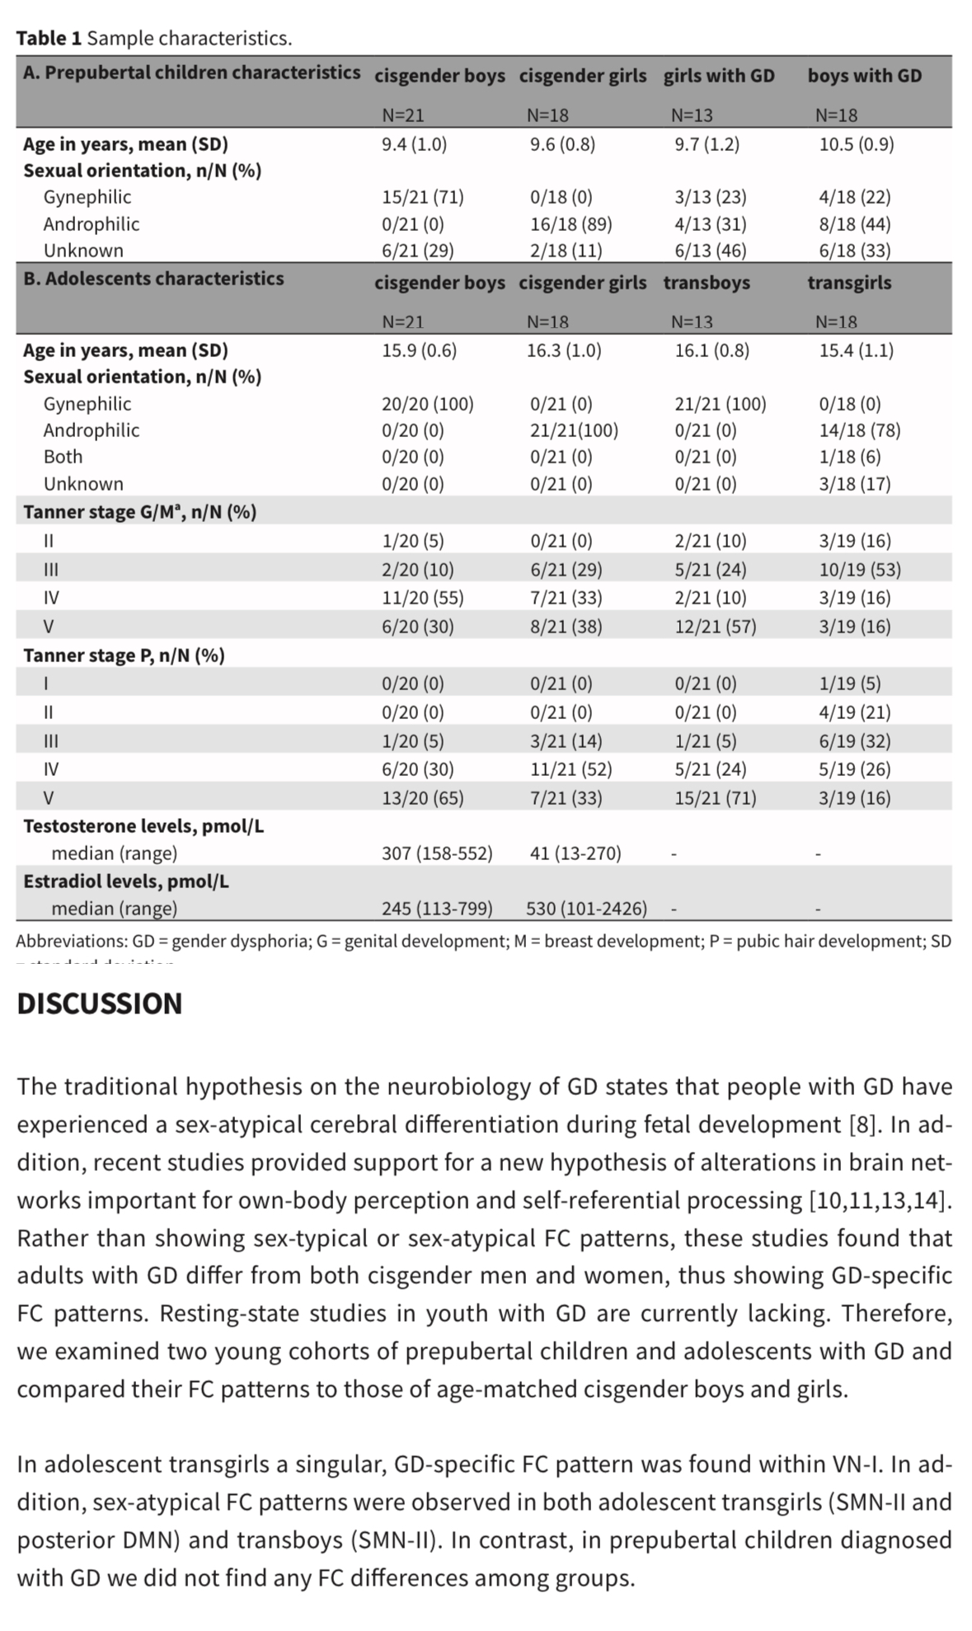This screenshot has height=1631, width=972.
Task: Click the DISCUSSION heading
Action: [100, 1004]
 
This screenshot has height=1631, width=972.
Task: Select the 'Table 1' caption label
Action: [49, 38]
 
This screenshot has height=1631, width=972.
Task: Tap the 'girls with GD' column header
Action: [719, 76]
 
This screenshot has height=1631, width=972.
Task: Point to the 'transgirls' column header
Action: [849, 283]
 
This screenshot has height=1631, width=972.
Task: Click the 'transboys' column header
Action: [707, 283]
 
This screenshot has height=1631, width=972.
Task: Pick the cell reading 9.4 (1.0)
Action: [414, 144]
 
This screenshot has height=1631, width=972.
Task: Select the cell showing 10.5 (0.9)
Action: [856, 144]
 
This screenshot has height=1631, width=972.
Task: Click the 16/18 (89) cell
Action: [571, 224]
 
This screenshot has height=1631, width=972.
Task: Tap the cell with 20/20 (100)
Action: [427, 404]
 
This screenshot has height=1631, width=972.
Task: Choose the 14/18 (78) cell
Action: [859, 430]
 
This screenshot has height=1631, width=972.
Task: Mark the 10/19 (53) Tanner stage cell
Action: [859, 570]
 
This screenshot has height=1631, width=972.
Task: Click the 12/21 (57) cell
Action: [715, 627]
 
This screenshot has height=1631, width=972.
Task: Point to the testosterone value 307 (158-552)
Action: [437, 853]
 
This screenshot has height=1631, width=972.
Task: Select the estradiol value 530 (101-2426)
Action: [586, 909]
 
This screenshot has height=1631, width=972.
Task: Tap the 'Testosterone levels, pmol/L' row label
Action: [143, 826]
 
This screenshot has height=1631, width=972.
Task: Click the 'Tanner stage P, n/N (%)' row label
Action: [124, 656]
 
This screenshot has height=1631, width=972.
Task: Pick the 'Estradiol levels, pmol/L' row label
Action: [126, 881]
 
